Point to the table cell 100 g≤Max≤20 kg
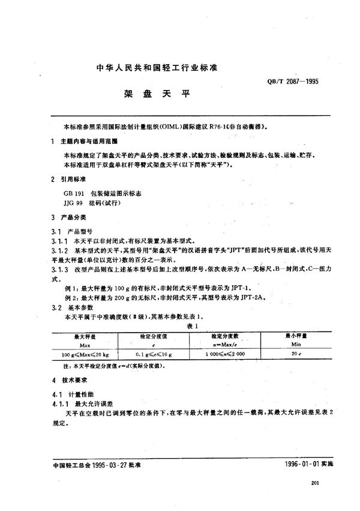click(85, 355)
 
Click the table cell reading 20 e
click(295, 355)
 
